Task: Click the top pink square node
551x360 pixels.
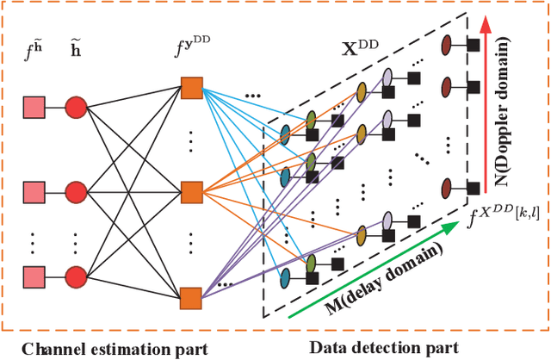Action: coord(33,107)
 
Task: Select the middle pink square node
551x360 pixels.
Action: coord(33,191)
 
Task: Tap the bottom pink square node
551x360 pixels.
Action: coord(33,276)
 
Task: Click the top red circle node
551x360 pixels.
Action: coord(76,107)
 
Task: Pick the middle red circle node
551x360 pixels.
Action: coord(76,191)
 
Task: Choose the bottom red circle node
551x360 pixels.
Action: coord(76,276)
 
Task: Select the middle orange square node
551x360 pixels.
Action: coord(191,192)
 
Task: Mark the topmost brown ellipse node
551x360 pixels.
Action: coord(448,44)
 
